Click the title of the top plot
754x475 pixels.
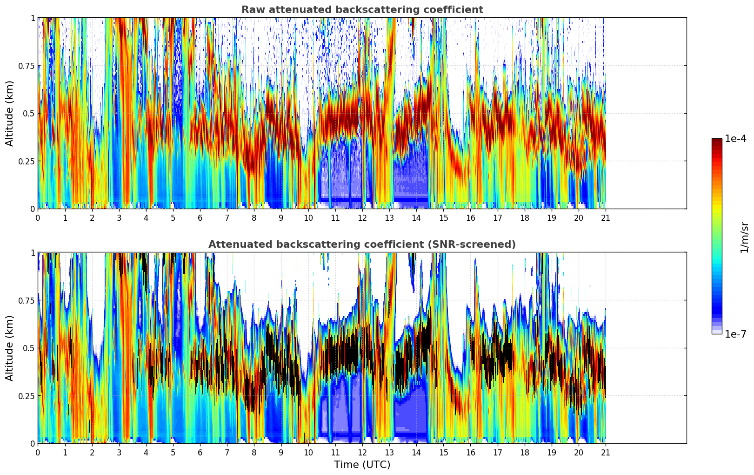coord(362,10)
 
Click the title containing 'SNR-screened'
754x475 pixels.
coord(362,244)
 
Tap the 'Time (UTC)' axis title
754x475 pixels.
coord(362,464)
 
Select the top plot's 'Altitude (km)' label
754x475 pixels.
coord(10,113)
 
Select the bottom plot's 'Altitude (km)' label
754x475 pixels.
coord(10,348)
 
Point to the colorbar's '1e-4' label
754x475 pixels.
coord(735,139)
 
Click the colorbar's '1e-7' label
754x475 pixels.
coord(735,334)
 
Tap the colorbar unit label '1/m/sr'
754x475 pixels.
coord(744,237)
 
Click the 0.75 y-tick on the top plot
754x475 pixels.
coord(27,66)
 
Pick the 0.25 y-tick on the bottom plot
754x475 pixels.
coord(27,396)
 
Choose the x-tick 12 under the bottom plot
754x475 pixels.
coord(362,452)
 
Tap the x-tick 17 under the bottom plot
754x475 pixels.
coord(498,452)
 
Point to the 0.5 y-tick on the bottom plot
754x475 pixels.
coord(29,348)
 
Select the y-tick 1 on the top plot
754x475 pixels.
coord(33,18)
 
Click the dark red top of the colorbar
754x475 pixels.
coord(717,142)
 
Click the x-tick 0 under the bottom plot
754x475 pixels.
coord(38,452)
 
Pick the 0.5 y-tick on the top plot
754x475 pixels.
coord(29,113)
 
